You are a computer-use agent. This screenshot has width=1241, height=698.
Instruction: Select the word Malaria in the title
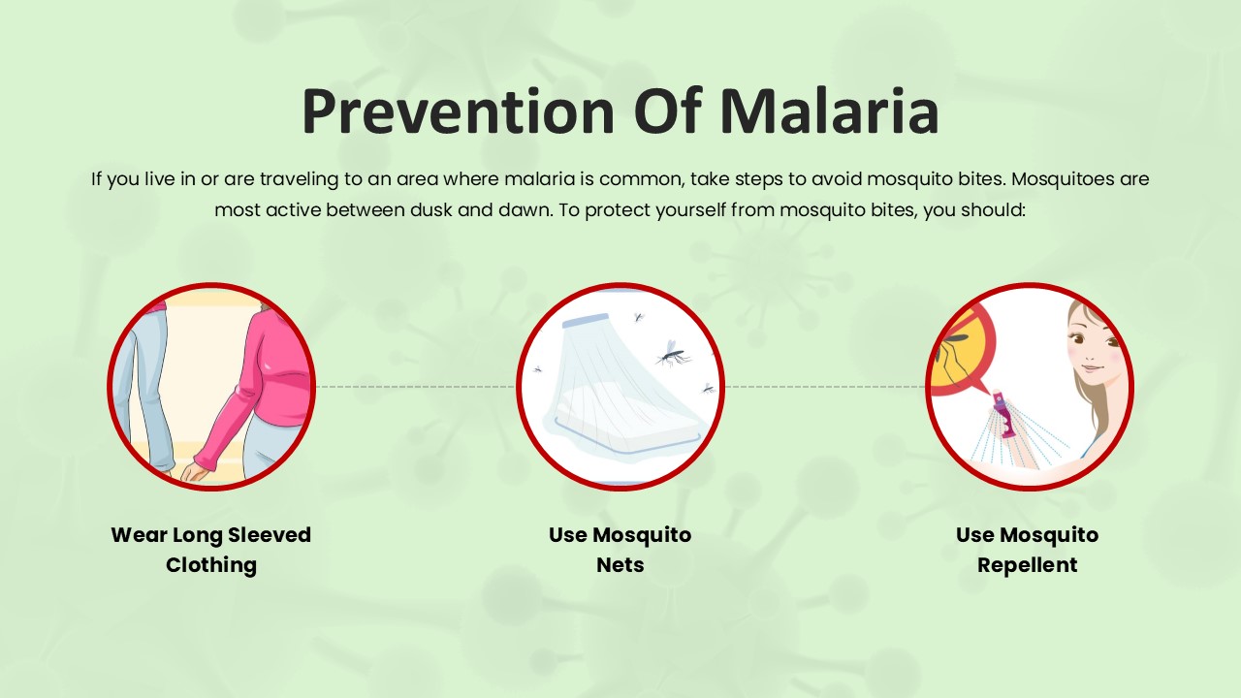pyautogui.click(x=829, y=111)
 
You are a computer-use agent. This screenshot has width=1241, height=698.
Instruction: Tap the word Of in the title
pyautogui.click(x=668, y=111)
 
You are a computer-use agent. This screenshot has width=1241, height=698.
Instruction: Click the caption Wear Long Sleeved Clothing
pyautogui.click(x=211, y=550)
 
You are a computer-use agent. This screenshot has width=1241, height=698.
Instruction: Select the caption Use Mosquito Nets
pyautogui.click(x=620, y=550)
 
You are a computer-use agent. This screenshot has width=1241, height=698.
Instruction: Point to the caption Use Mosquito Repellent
pyautogui.click(x=1028, y=550)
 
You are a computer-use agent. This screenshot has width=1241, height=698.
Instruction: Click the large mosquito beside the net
pyautogui.click(x=671, y=353)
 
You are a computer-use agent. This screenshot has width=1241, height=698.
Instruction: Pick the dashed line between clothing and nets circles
pyautogui.click(x=415, y=386)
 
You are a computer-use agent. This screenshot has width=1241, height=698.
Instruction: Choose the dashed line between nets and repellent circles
pyautogui.click(x=824, y=386)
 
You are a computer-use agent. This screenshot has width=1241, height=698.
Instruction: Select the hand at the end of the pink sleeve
pyautogui.click(x=196, y=470)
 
